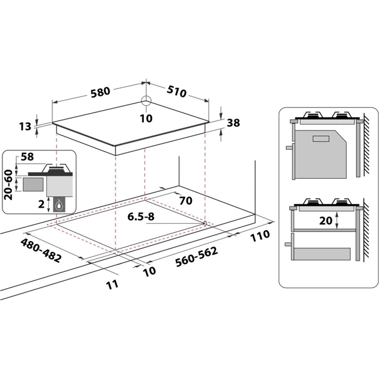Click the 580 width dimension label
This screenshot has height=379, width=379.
[100, 92]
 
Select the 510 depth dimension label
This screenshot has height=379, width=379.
[176, 91]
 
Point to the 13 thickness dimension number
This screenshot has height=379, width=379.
[25, 127]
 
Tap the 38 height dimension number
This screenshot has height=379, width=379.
[234, 123]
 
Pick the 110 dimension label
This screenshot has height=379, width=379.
[260, 236]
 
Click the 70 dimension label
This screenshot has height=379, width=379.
[185, 200]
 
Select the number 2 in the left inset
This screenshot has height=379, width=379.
[41, 204]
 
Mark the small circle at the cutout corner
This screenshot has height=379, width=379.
[205, 224]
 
